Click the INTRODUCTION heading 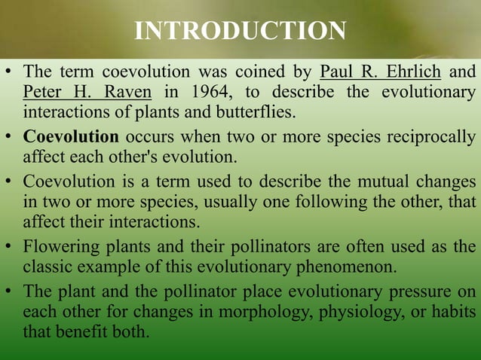[240, 31]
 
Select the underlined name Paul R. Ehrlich [381, 74]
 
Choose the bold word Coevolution [71, 138]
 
